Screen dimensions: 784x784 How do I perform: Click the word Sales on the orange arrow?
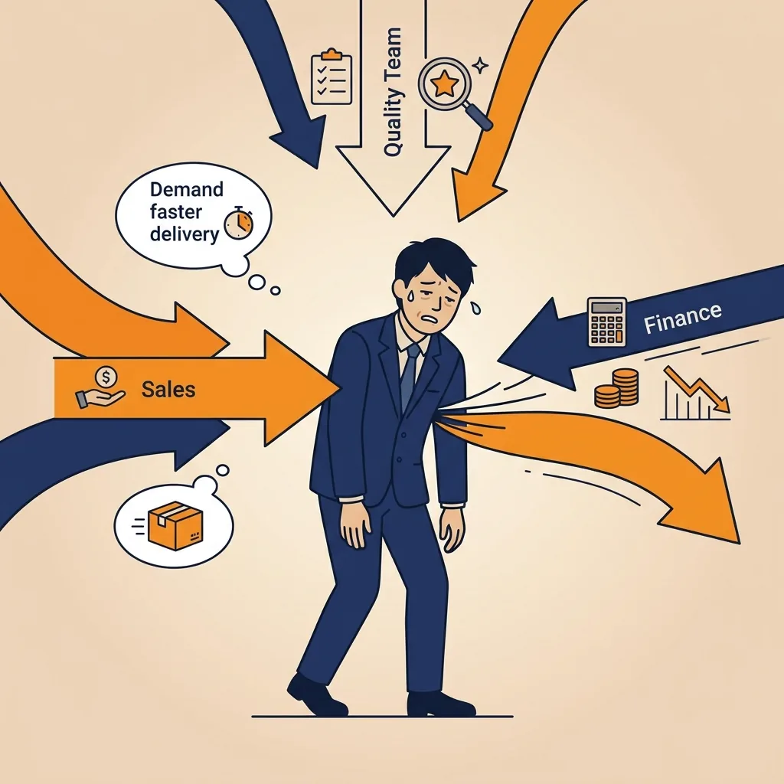(168, 389)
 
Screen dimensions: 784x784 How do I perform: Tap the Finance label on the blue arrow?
(682, 318)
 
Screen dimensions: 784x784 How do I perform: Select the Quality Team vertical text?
(393, 92)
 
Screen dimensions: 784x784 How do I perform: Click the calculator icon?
(606, 322)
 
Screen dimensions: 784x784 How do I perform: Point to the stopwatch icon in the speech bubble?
(239, 223)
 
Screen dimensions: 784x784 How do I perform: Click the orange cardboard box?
(175, 526)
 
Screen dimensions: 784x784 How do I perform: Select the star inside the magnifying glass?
(443, 83)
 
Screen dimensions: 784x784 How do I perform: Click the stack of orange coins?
(616, 388)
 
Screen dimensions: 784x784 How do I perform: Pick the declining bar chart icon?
(695, 393)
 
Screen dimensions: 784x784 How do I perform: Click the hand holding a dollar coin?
(100, 387)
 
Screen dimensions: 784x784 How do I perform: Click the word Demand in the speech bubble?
(187, 190)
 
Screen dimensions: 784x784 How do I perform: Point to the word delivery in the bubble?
(185, 234)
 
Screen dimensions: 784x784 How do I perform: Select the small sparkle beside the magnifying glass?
(481, 66)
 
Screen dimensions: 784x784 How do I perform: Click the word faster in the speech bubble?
(175, 212)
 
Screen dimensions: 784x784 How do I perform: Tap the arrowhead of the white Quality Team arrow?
(393, 181)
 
